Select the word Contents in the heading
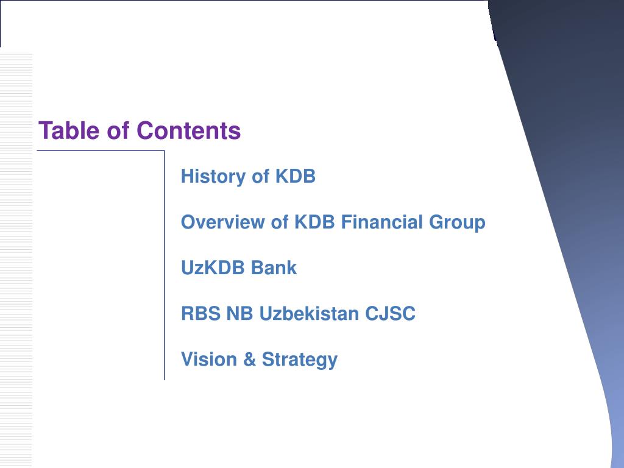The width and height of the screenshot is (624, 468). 188,131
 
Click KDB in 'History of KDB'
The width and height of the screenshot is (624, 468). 296,177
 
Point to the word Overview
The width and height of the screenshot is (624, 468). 223,222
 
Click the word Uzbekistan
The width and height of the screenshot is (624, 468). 310,314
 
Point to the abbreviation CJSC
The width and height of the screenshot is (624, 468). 391,314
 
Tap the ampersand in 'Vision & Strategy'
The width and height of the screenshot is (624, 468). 249,360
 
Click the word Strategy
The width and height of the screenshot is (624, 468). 299,360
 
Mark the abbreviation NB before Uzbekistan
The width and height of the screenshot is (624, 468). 239,314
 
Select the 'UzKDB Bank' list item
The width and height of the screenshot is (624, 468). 239,268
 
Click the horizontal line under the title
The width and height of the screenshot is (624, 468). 101,151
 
